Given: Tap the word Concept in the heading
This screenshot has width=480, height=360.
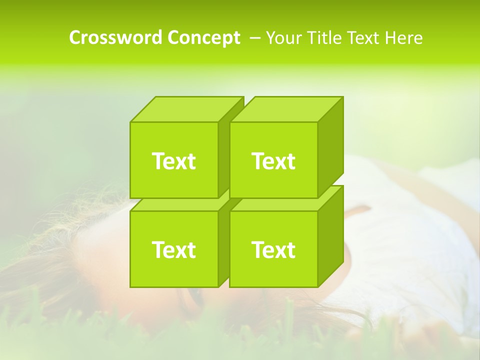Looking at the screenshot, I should [203, 38].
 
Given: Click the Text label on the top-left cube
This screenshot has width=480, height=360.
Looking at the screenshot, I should [173, 161].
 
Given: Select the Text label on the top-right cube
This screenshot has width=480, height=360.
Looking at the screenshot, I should [273, 161].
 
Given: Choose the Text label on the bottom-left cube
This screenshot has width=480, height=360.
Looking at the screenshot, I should [173, 249].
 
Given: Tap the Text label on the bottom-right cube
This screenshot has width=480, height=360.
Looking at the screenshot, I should [273, 249].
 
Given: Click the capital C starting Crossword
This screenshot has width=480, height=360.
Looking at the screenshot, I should [75, 38].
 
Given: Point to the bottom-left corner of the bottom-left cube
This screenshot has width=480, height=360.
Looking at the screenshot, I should [130, 286].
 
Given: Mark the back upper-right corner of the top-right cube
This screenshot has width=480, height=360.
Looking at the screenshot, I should [343, 97].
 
